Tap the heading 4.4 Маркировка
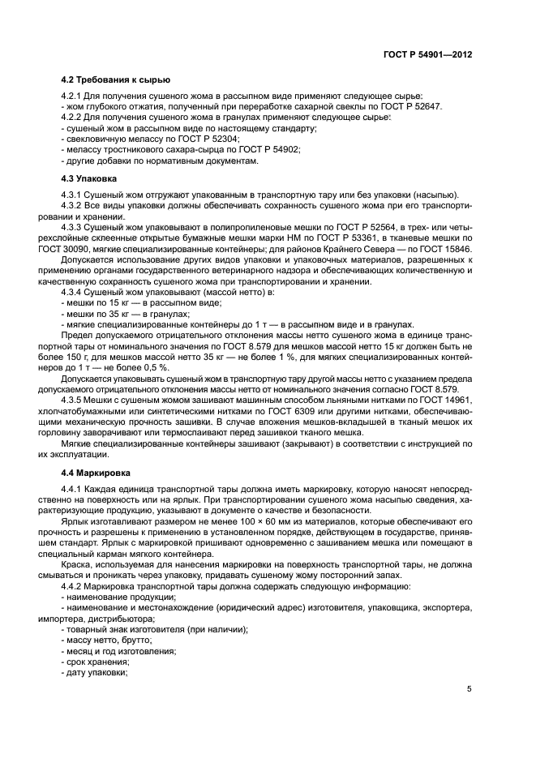(x=93, y=472)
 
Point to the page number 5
(x=470, y=689)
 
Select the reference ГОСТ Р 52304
(x=191, y=139)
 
